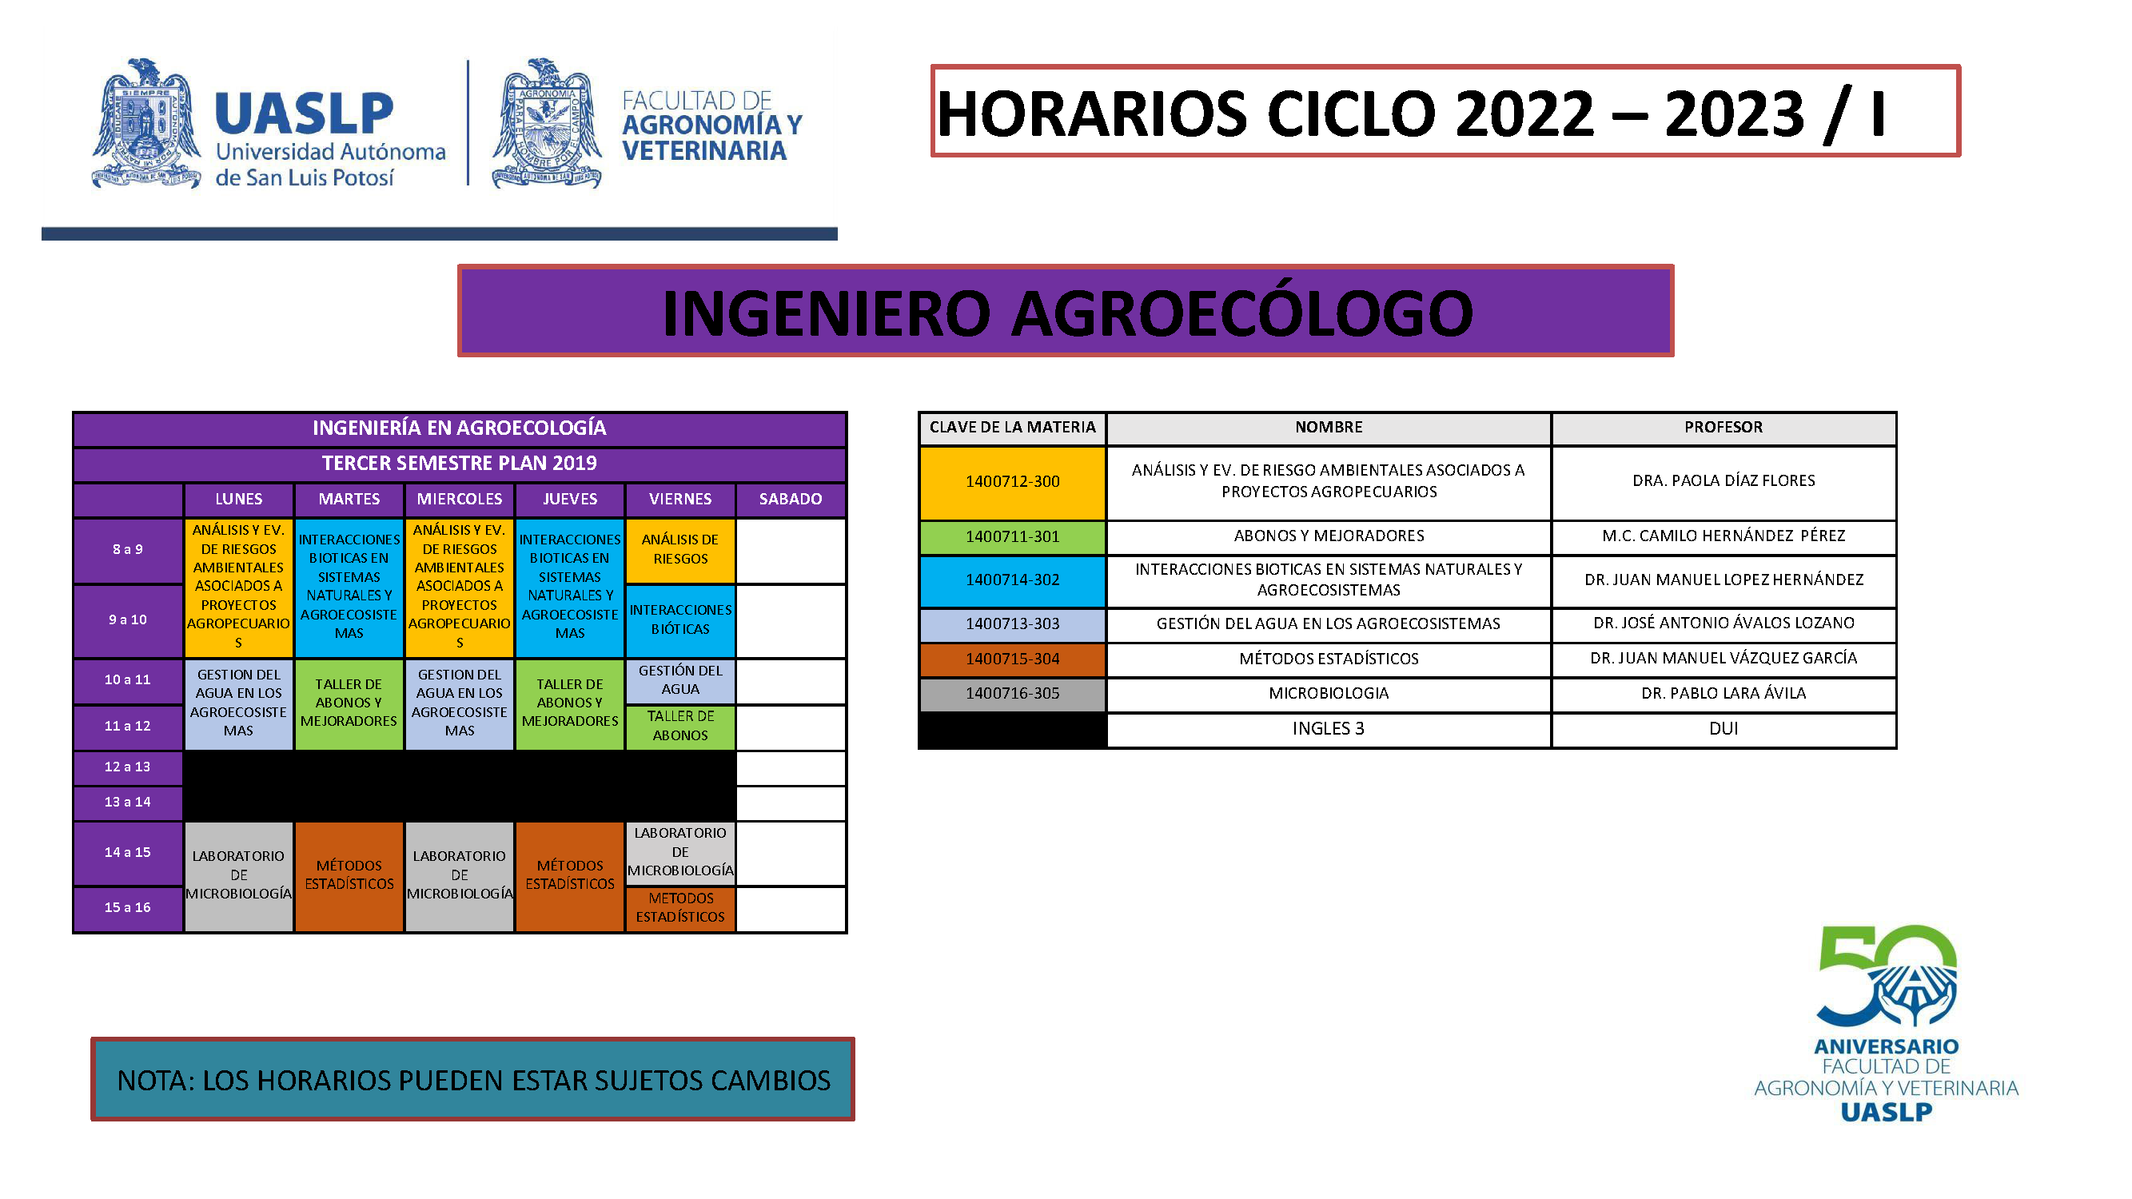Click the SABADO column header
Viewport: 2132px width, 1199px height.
coord(791,499)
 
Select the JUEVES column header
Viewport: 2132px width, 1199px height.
coord(569,499)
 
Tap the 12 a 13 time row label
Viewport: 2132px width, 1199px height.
coord(127,767)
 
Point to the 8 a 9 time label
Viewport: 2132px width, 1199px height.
coord(127,549)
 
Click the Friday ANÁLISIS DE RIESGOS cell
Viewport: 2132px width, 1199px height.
coord(680,549)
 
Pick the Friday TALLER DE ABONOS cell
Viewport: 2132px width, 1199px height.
coord(680,726)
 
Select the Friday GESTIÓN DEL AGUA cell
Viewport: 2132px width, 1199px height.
coord(680,680)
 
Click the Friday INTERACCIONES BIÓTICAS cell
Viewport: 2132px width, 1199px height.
coord(680,619)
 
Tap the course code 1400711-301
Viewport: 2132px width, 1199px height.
coord(1012,536)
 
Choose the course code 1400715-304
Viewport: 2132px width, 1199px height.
coord(1012,659)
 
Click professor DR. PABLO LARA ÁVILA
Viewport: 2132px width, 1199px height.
coord(1724,693)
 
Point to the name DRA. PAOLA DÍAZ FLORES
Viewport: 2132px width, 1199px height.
coord(1724,480)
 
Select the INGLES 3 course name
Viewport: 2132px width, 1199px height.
coord(1329,729)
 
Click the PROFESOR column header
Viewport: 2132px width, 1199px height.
coord(1724,428)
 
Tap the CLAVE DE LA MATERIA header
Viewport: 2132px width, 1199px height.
coord(1012,428)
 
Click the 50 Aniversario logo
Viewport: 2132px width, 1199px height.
coord(1887,1024)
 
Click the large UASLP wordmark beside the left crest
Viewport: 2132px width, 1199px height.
coord(304,114)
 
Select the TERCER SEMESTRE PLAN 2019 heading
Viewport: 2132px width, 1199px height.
coord(460,464)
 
